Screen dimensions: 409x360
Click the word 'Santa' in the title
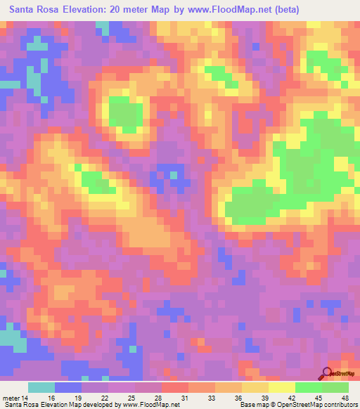pos(25,10)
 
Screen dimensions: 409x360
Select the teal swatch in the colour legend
pos(41,387)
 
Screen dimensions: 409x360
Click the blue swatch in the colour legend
pos(68,387)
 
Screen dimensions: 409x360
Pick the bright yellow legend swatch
pos(282,387)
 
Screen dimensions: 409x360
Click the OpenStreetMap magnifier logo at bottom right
pos(328,372)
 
